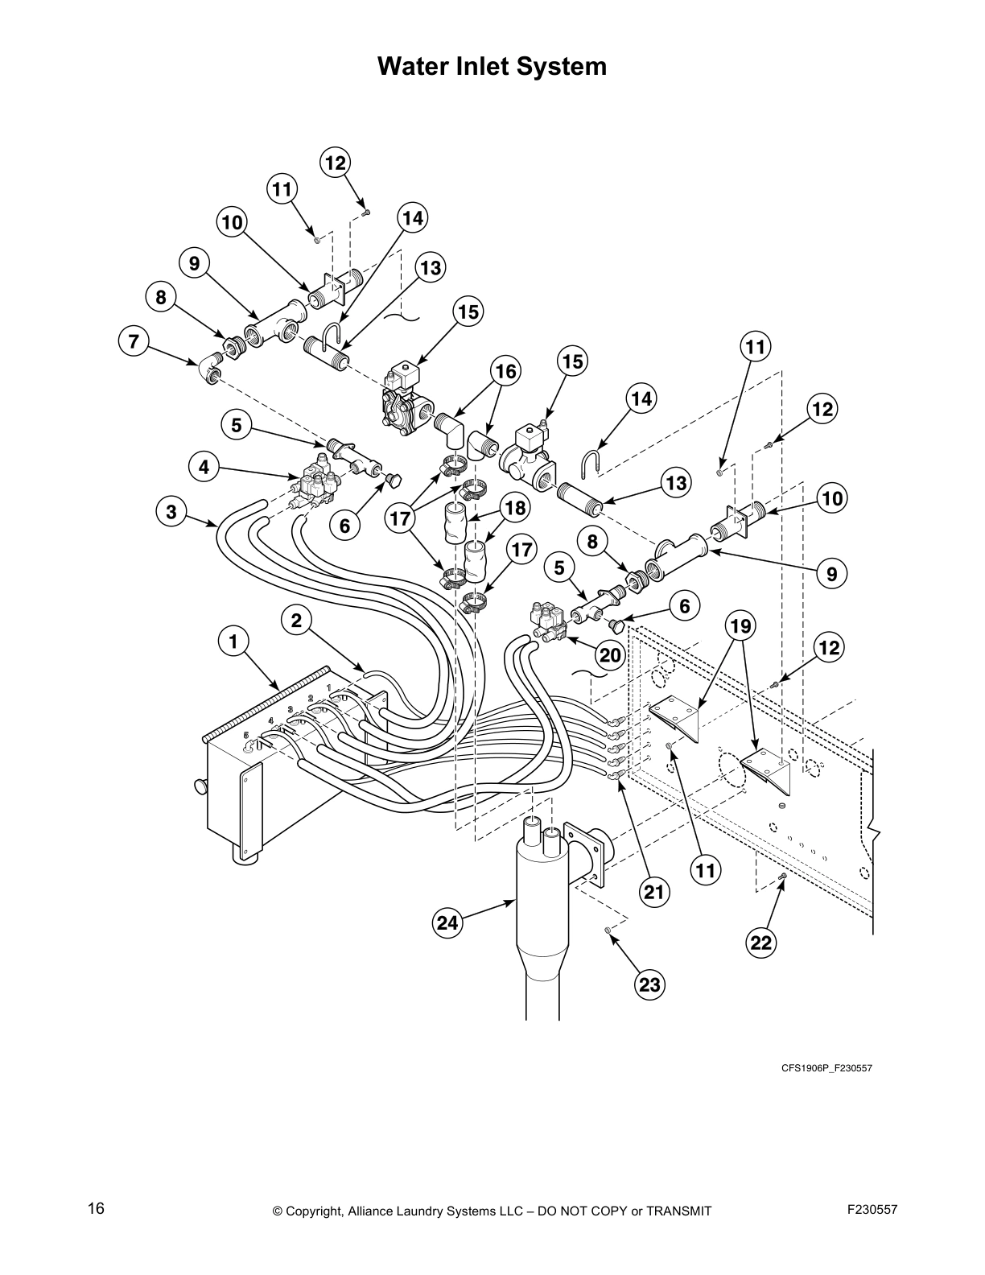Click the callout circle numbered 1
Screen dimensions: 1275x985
[x=233, y=642]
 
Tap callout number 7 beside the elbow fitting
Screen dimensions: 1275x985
[x=134, y=341]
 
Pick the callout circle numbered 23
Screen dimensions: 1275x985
[x=649, y=984]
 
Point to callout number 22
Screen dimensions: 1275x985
[x=761, y=942]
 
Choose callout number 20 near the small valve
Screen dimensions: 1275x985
[x=611, y=655]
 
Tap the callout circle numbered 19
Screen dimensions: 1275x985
[x=740, y=624]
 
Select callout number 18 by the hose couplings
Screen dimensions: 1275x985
[x=513, y=508]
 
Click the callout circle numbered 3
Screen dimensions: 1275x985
[x=171, y=510]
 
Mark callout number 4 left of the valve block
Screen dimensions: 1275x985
[x=204, y=466]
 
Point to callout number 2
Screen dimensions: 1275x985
[x=297, y=620]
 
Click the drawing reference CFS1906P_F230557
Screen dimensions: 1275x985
[x=826, y=1068]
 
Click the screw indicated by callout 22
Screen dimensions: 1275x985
[x=782, y=876]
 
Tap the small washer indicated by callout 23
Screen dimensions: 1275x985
[x=609, y=930]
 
